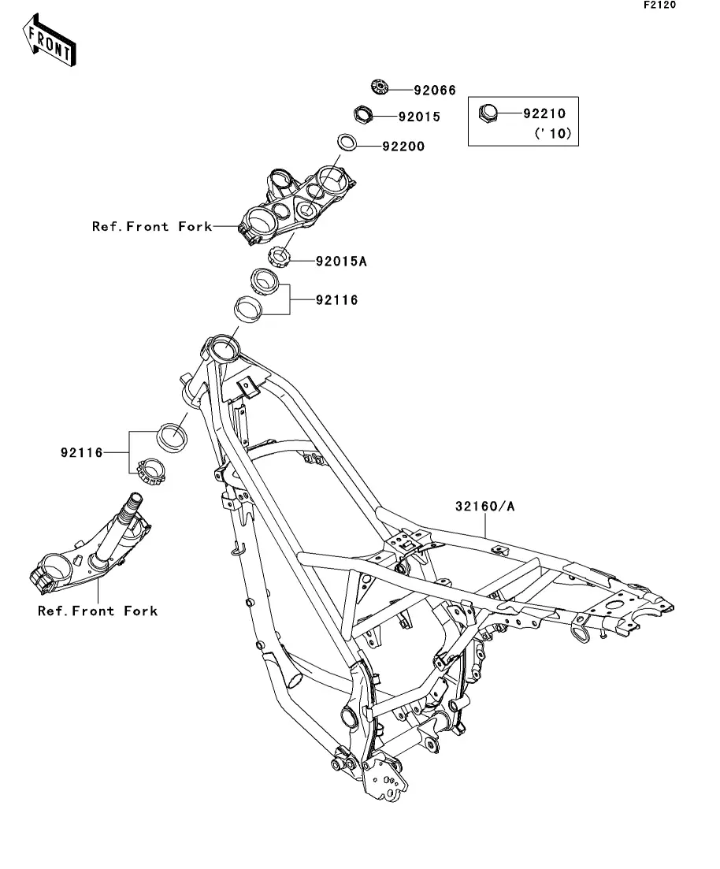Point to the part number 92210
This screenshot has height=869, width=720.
(x=544, y=113)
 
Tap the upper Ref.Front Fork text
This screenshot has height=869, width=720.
(x=152, y=227)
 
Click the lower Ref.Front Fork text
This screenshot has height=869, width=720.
(x=98, y=611)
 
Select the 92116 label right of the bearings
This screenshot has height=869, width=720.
(x=336, y=300)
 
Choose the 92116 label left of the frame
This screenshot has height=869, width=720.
(x=81, y=453)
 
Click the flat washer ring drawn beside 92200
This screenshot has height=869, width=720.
(x=347, y=143)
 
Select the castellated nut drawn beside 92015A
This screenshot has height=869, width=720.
(x=280, y=255)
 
